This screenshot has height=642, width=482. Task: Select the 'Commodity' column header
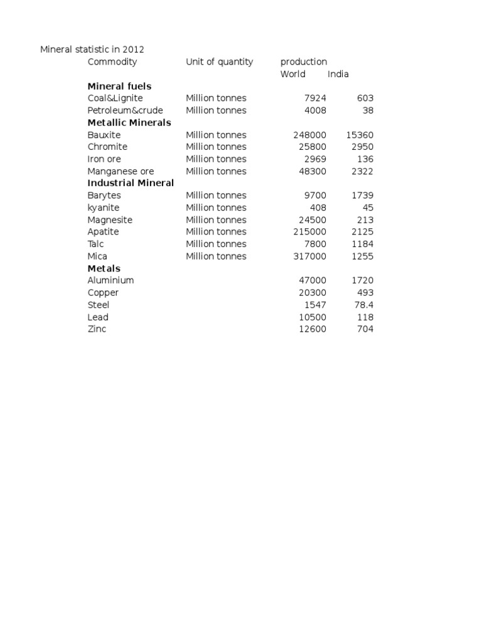click(x=112, y=61)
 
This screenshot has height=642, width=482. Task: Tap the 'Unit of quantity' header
click(x=220, y=61)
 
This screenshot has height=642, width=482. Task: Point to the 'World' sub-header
click(x=293, y=74)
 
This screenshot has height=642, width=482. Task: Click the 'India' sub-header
click(x=338, y=74)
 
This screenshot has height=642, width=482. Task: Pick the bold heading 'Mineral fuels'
click(x=119, y=86)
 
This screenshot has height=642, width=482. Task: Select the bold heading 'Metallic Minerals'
click(x=129, y=122)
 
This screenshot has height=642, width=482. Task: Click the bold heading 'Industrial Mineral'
click(x=131, y=183)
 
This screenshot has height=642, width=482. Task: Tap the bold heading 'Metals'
click(x=104, y=268)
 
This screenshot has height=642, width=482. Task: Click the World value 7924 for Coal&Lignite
click(x=314, y=98)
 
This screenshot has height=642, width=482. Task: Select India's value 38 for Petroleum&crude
click(x=368, y=110)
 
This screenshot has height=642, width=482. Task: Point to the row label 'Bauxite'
click(x=104, y=135)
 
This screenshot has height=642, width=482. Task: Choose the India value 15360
click(x=360, y=135)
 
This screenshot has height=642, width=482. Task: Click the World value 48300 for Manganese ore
click(x=313, y=171)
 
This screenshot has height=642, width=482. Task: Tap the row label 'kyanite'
click(x=104, y=208)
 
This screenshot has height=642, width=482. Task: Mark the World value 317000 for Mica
click(x=310, y=256)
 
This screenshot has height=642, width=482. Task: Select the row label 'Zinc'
click(x=97, y=329)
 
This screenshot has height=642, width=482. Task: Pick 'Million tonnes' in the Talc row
click(x=216, y=244)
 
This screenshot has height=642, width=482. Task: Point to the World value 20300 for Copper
click(x=313, y=293)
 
